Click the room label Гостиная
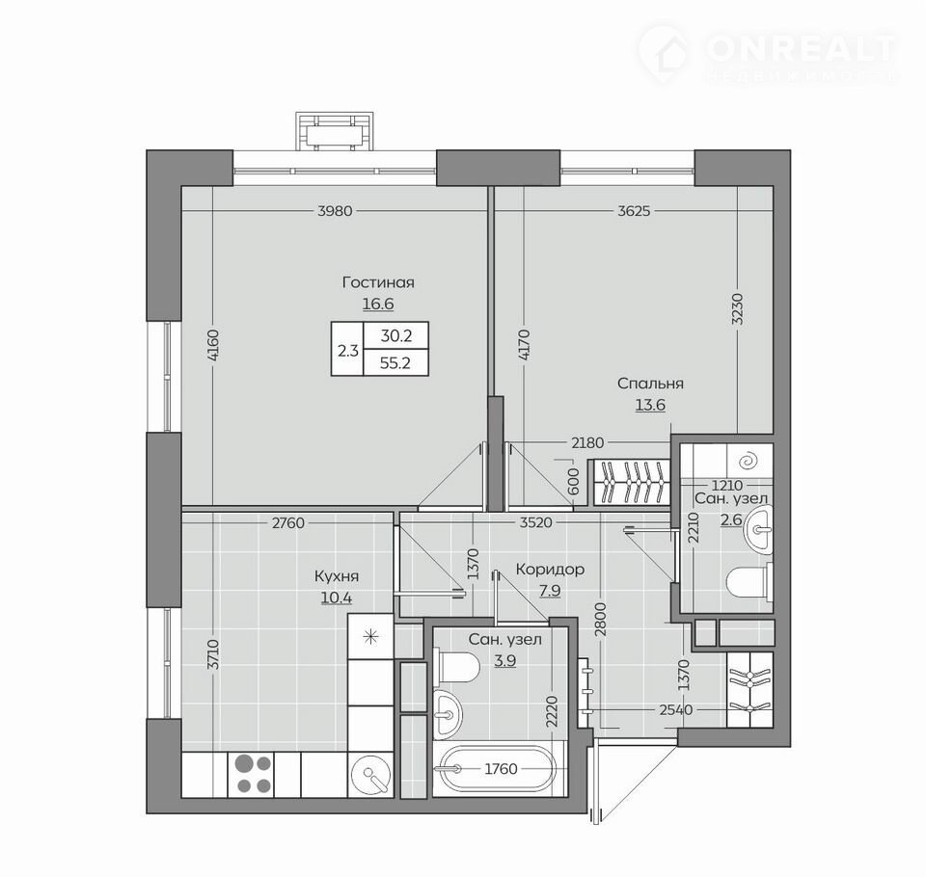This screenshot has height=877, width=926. click(x=378, y=282)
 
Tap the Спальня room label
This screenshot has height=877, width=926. click(x=650, y=384)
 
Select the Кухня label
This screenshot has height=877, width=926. click(x=337, y=576)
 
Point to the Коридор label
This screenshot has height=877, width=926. click(x=551, y=570)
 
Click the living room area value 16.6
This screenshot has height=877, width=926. click(x=378, y=304)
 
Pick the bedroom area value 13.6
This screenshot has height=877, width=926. click(x=650, y=405)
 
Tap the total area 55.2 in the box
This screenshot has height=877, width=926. click(x=395, y=363)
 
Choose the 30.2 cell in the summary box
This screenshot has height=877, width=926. click(x=396, y=335)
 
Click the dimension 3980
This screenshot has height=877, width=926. click(x=335, y=211)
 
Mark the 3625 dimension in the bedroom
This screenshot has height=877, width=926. click(x=634, y=211)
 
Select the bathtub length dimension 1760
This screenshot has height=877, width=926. click(x=501, y=769)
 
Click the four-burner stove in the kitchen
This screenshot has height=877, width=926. click(x=253, y=774)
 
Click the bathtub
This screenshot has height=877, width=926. click(x=499, y=770)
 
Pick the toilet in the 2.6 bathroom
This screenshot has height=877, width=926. click(x=749, y=582)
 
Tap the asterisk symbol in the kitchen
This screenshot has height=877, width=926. click(x=369, y=636)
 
